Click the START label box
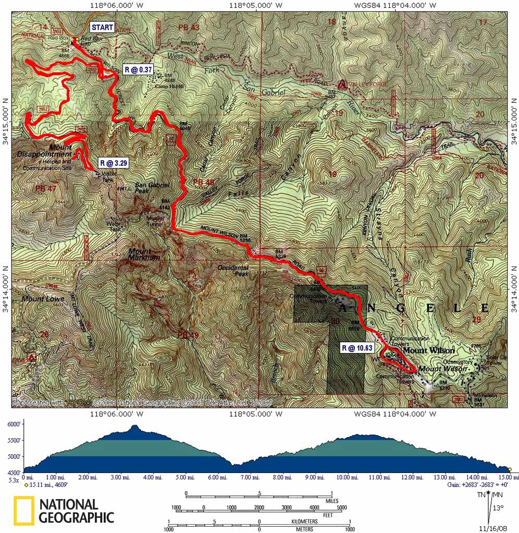coord(102,27)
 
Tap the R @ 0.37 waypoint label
coord(138,69)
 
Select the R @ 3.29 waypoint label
coord(113,163)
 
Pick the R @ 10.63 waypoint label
coord(358,347)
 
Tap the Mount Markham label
coord(144,255)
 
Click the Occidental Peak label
coord(233,270)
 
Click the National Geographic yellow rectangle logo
coord(24,511)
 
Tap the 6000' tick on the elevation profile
coord(14,425)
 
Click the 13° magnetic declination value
coord(499,508)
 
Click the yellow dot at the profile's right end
coord(510,469)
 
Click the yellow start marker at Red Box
coord(76,39)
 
